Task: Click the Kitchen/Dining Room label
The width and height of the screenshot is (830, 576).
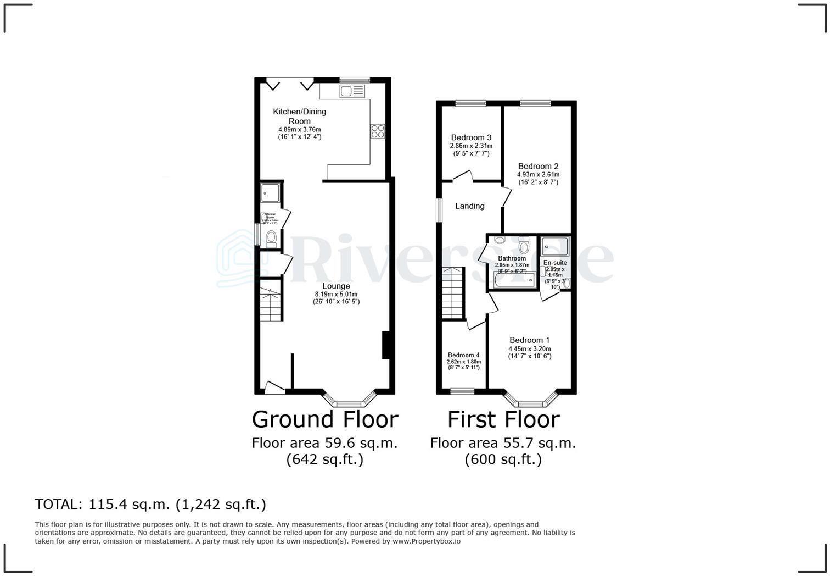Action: tap(299, 116)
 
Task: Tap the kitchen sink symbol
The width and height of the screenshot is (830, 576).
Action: tap(352, 91)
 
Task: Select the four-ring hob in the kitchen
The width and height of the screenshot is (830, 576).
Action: tap(378, 131)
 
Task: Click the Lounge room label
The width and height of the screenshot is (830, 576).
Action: tap(336, 286)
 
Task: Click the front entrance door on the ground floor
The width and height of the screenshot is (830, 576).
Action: tap(274, 388)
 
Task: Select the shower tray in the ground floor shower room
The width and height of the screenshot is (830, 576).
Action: tap(271, 193)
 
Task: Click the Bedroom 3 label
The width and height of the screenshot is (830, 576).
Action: tap(471, 137)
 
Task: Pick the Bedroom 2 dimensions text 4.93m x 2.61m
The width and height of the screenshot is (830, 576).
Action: tap(538, 175)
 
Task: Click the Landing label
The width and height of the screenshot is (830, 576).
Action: tap(469, 206)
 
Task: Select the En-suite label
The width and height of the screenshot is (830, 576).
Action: tap(555, 263)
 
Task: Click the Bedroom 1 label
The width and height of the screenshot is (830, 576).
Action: tap(529, 340)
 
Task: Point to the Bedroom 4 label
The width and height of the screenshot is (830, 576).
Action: tap(463, 355)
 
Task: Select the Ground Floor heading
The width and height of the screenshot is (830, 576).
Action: tap(324, 419)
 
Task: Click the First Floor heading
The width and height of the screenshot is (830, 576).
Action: tap(503, 419)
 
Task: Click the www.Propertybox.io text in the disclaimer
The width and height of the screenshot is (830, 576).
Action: tap(426, 541)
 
